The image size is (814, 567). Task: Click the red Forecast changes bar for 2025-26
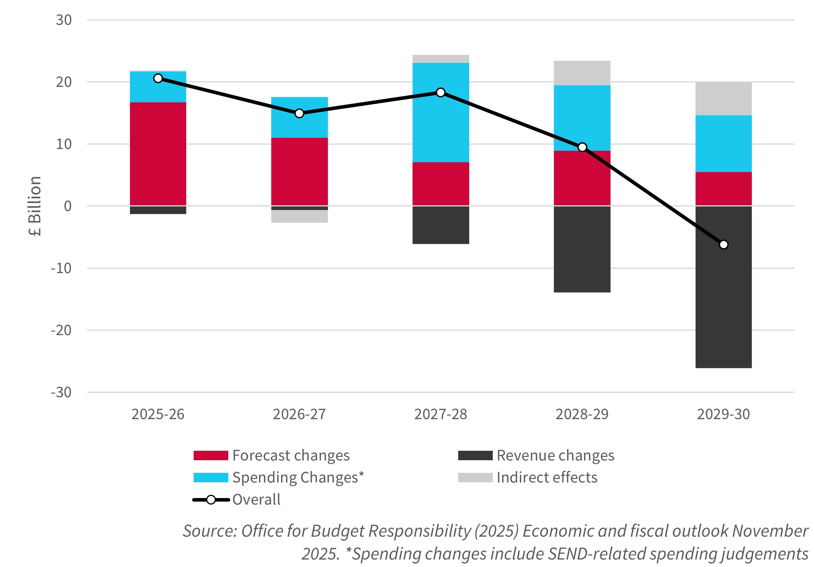158,154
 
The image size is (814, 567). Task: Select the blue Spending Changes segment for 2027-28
440,112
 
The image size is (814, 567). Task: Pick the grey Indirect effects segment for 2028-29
582,73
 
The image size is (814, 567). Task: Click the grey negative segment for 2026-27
299,216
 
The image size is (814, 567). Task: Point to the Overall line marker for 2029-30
723,245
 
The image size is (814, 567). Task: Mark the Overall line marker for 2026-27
299,113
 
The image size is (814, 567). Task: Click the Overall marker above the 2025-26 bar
158,78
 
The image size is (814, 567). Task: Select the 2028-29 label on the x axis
582,415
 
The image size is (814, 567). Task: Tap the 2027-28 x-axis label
440,415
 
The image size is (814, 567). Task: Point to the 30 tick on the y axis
64,20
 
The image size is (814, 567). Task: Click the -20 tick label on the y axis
61,330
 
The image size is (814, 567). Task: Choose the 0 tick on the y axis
68,206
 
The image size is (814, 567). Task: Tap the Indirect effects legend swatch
475,478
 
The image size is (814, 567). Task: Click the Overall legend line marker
211,500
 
